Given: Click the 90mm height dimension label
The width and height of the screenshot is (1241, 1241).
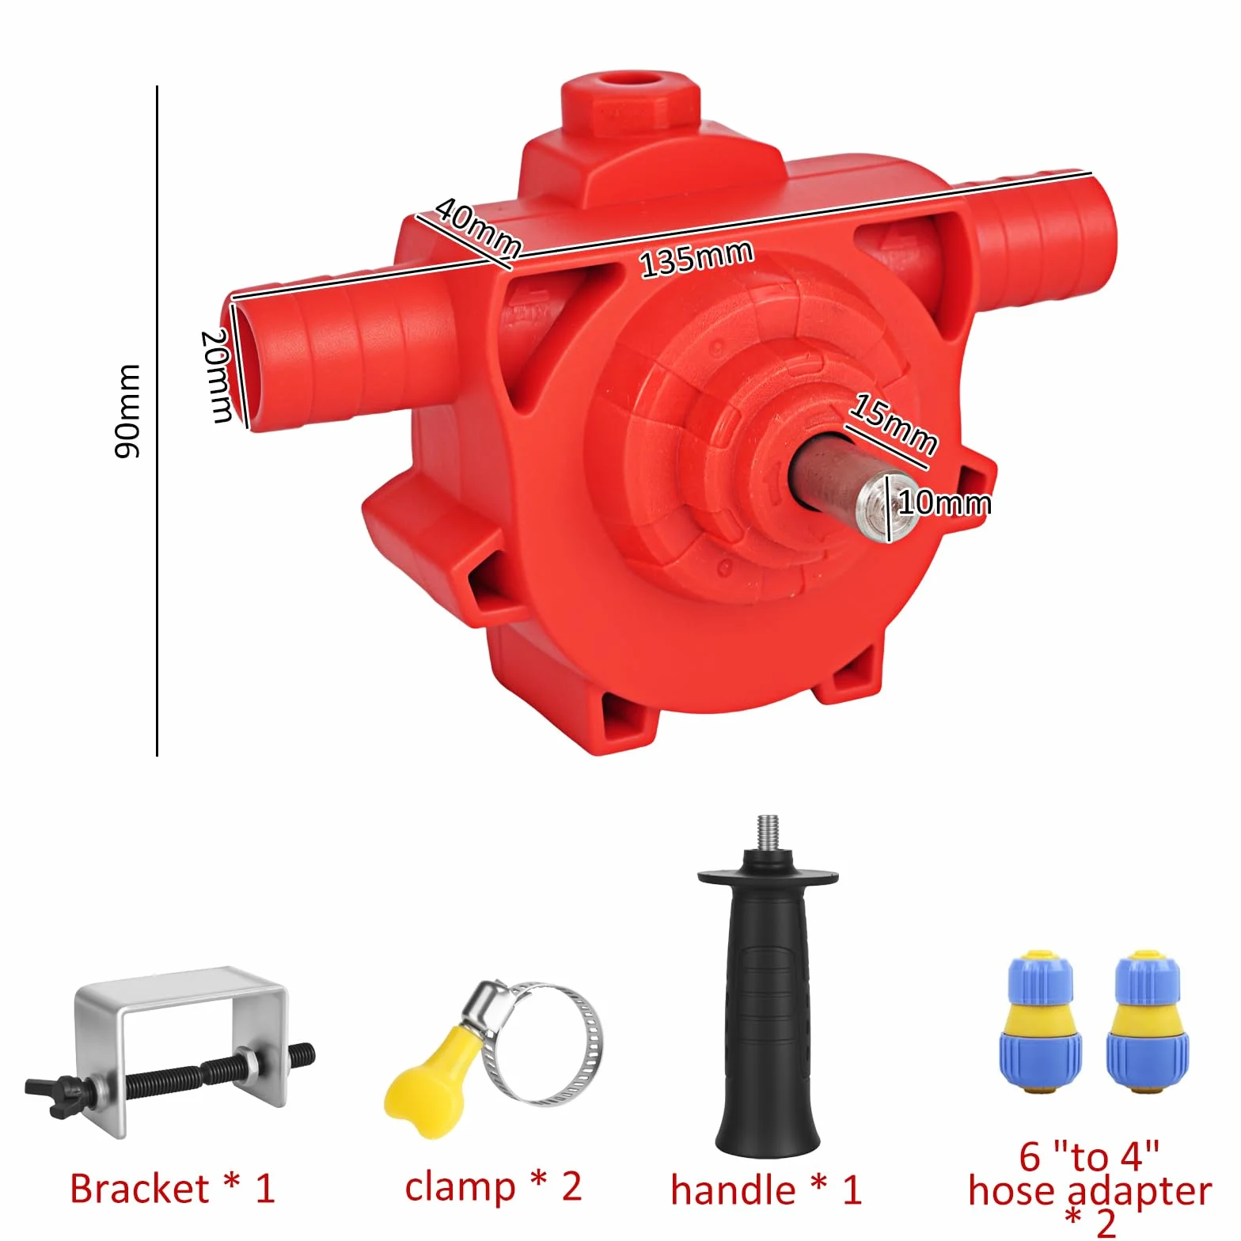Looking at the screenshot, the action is [x=127, y=412].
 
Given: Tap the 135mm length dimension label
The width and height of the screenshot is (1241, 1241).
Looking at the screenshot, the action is [x=696, y=259].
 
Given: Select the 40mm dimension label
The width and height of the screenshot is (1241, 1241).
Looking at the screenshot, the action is [x=478, y=228].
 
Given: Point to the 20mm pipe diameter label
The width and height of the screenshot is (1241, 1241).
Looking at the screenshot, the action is [x=217, y=376].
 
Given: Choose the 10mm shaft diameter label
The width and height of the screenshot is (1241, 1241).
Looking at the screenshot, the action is [x=944, y=503].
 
